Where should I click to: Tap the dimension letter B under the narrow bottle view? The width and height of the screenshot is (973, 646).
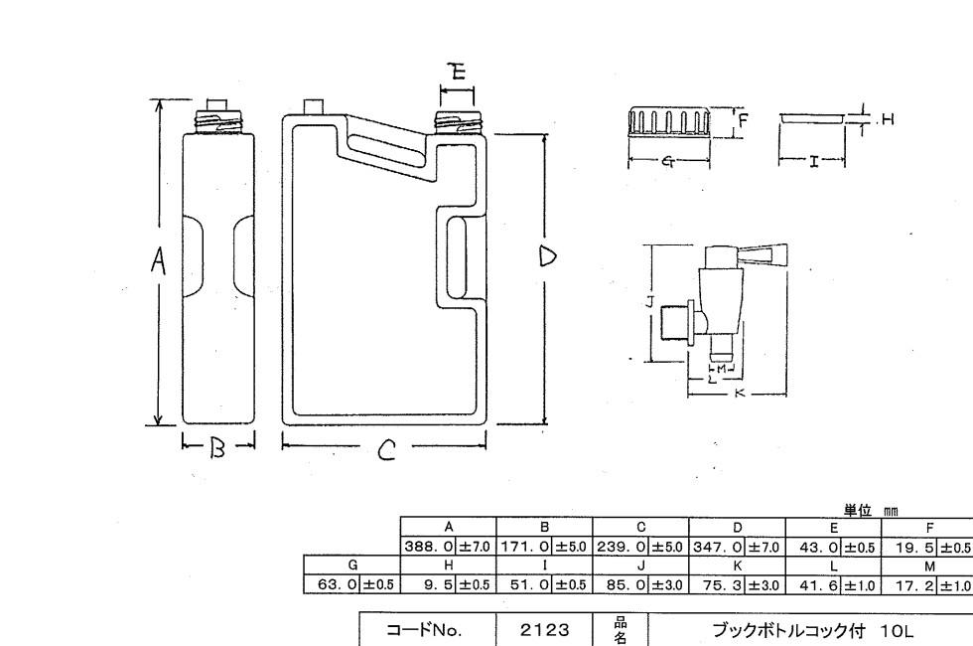(x=218, y=449)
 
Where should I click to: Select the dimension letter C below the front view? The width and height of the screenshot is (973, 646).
(x=387, y=453)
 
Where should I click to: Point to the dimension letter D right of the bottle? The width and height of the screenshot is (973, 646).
(x=547, y=256)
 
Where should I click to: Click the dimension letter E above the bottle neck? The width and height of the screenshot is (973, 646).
(x=457, y=71)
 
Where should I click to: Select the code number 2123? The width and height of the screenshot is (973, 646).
(x=543, y=629)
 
